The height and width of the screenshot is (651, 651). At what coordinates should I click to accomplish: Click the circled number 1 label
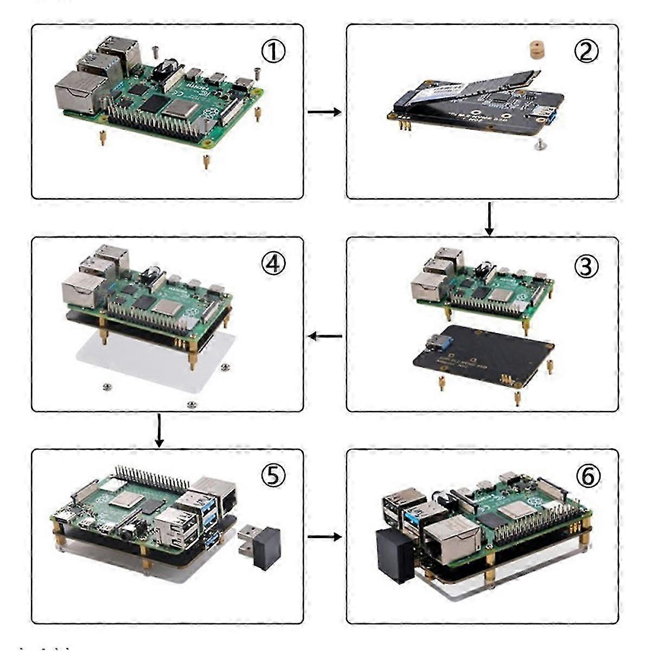coord(273,52)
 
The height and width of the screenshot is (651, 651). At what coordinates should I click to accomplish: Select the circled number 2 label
coord(586,51)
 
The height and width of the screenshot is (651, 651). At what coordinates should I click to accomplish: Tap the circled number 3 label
coord(586,267)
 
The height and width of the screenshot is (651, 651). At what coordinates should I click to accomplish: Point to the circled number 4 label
coord(273,264)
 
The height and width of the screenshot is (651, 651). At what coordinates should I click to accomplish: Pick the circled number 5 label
coord(273,476)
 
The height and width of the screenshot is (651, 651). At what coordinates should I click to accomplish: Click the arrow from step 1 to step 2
coord(324,112)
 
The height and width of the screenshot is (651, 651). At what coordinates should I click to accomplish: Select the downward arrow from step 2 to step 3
coord(489,219)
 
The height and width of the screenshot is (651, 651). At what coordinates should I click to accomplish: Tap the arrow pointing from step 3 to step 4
coord(324,336)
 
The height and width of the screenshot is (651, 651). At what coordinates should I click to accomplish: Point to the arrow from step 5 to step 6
coord(324,537)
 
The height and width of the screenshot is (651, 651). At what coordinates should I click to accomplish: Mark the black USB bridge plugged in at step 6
coord(395,555)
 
